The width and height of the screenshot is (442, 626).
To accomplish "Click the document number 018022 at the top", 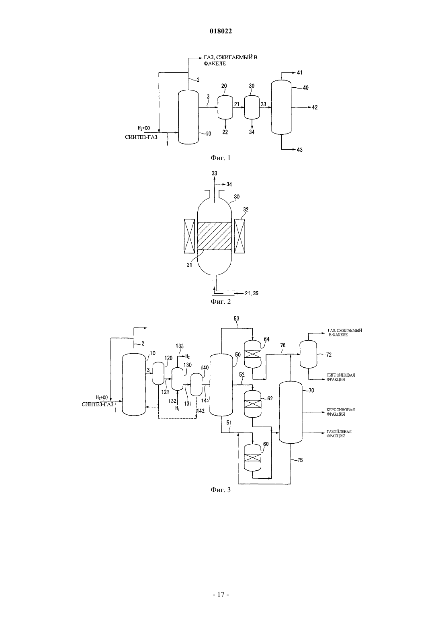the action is point(221,31).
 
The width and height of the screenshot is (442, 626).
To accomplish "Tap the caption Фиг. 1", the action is point(221,158).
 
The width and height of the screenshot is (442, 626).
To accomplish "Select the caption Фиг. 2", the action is point(221,302).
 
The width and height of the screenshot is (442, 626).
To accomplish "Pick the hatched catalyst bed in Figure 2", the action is point(214,236).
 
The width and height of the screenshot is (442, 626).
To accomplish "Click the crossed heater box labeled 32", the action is point(239,236).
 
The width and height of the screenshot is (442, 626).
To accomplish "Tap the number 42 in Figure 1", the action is point(315,107).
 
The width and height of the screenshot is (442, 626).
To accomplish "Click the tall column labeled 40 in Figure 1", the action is point(281,107).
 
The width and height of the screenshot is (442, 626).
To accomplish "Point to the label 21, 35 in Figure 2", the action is point(252,293).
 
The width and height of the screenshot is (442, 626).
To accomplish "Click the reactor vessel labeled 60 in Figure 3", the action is point(252,458).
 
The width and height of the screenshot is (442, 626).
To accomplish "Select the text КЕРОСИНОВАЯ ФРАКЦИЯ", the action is point(340,412).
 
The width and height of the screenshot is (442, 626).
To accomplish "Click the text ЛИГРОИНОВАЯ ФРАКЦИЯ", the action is point(341,377).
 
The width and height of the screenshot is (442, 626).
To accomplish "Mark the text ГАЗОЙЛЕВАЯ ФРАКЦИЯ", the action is point(339,434).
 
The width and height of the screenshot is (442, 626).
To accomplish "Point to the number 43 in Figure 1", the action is point(299,150).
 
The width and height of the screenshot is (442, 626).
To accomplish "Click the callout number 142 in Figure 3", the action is point(201,411).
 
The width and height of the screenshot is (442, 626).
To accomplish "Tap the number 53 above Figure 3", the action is point(237,318).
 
